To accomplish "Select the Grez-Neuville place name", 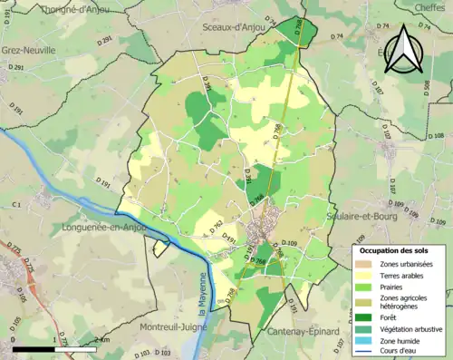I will click(29, 50).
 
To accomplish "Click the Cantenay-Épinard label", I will click(305, 333).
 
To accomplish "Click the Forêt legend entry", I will click(388, 316).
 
